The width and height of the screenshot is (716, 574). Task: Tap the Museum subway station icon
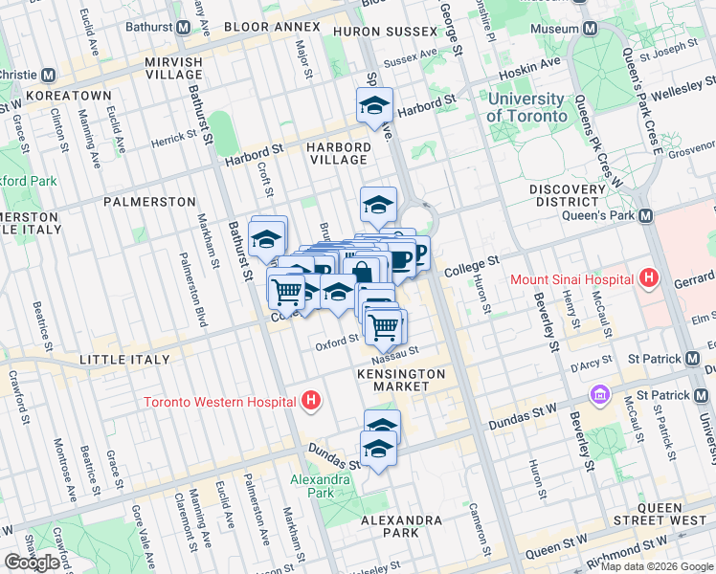pyautogui.click(x=591, y=29)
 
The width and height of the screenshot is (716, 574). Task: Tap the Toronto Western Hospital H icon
pyautogui.click(x=310, y=401)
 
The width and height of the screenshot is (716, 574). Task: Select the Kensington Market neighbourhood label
pyautogui.click(x=401, y=379)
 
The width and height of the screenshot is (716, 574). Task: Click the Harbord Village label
pyautogui.click(x=338, y=154)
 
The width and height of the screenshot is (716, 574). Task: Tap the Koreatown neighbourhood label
pyautogui.click(x=69, y=97)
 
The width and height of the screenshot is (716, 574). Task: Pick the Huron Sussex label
pyautogui.click(x=373, y=33)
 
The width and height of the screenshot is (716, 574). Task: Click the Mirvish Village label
pyautogui.click(x=174, y=69)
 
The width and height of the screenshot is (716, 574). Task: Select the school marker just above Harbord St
pyautogui.click(x=375, y=104)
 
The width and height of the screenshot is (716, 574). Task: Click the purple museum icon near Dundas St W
pyautogui.click(x=600, y=393)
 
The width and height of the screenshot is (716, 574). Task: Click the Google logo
pyautogui.click(x=34, y=562)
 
